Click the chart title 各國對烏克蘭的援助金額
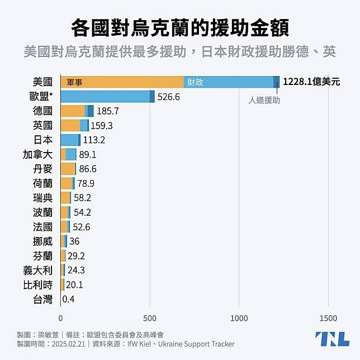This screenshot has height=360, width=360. tap(180, 27)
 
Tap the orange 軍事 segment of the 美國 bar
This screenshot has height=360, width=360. tap(122, 82)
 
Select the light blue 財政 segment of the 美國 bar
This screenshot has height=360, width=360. tap(228, 82)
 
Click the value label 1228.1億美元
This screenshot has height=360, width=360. tap(311, 82)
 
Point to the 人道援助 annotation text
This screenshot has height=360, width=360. tap(264, 101)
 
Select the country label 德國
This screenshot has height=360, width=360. tap(42, 111)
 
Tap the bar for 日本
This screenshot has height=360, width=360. tap(70, 140)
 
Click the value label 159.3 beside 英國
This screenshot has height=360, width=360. tap(102, 126)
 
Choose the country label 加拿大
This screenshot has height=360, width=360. tap(37, 154)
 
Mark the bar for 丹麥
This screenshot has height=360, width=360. tap(68, 169)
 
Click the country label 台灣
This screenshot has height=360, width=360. tap(42, 299)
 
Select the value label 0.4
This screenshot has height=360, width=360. tap(69, 299)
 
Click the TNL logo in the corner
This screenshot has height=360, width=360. tap(332, 339)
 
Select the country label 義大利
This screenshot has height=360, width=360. tap(37, 270)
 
